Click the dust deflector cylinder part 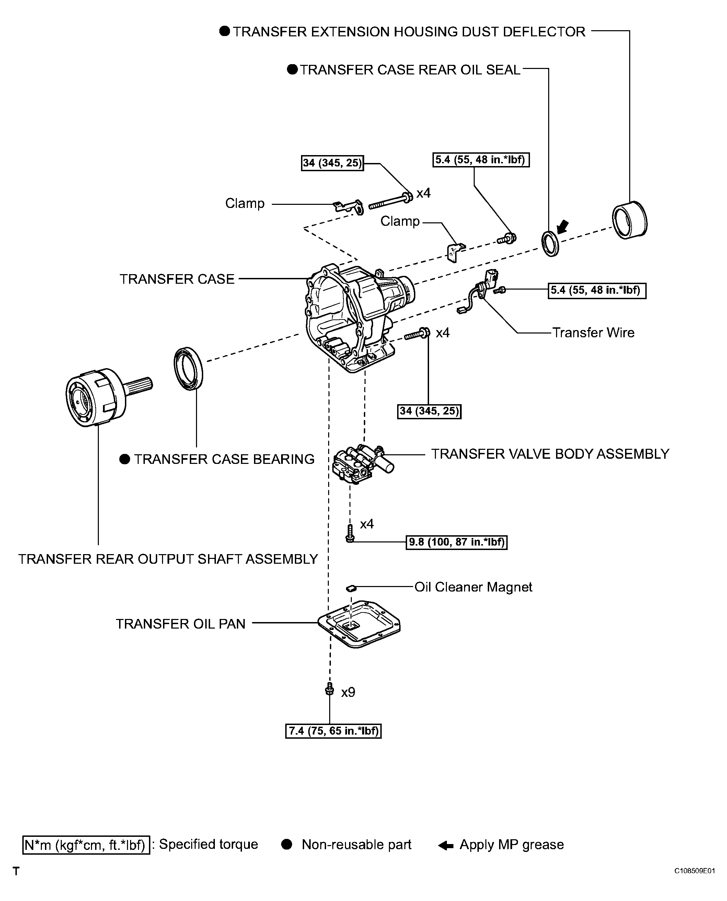[630, 220]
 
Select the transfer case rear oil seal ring [550, 243]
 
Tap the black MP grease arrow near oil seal [563, 226]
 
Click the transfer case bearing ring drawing [188, 368]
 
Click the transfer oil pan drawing [359, 624]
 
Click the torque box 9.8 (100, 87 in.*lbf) [457, 542]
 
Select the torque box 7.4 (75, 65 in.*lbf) [333, 731]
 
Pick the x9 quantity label [348, 692]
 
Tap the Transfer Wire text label [593, 333]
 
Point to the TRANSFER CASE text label [177, 279]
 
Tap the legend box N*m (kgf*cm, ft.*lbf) [86, 845]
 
